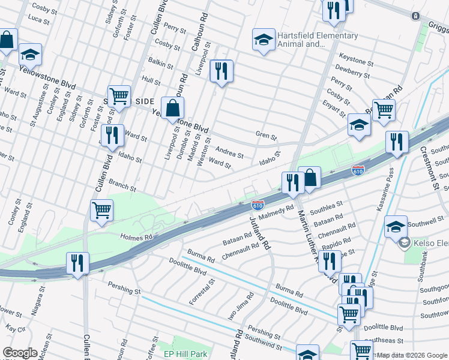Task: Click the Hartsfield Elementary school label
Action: tap(318, 40)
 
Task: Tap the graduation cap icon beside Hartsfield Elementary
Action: tap(263, 40)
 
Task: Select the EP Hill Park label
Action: tap(185, 354)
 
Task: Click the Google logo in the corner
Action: tap(20, 353)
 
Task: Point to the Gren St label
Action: tap(266, 136)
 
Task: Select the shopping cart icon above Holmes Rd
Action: tap(101, 211)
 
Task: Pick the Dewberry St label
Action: tap(352, 74)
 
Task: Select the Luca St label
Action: tap(38, 20)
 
